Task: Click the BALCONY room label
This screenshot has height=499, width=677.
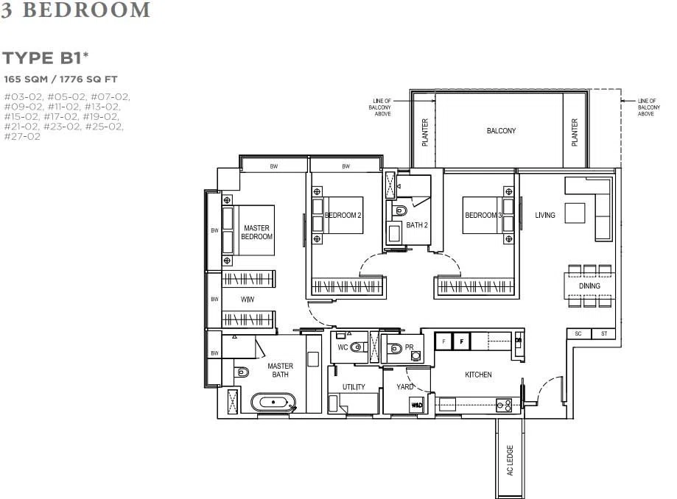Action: [x=501, y=131]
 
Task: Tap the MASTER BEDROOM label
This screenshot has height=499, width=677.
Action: [x=257, y=232]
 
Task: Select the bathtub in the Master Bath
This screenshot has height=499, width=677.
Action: [x=273, y=402]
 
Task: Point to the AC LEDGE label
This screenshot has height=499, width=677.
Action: [x=510, y=460]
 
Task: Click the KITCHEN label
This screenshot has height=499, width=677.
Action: [x=478, y=375]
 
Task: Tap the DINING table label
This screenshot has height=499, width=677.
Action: [x=589, y=286]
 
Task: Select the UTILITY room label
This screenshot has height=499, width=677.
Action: [x=354, y=387]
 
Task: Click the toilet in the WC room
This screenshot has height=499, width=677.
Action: [x=357, y=347]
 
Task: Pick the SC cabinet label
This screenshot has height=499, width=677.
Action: [x=578, y=333]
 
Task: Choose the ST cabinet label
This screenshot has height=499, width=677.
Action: [x=604, y=333]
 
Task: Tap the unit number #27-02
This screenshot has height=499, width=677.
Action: [x=22, y=136]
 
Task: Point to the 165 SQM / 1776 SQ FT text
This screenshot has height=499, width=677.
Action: [x=60, y=79]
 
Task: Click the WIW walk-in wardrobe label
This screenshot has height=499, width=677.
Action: [x=248, y=300]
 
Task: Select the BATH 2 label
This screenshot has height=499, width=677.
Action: [x=417, y=224]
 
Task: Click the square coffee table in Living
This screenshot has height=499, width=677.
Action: [x=575, y=213]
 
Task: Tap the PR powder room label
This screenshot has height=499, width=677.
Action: [x=410, y=347]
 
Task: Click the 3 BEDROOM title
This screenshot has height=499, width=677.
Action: [x=76, y=10]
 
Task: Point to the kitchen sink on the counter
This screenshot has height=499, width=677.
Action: [x=504, y=405]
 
